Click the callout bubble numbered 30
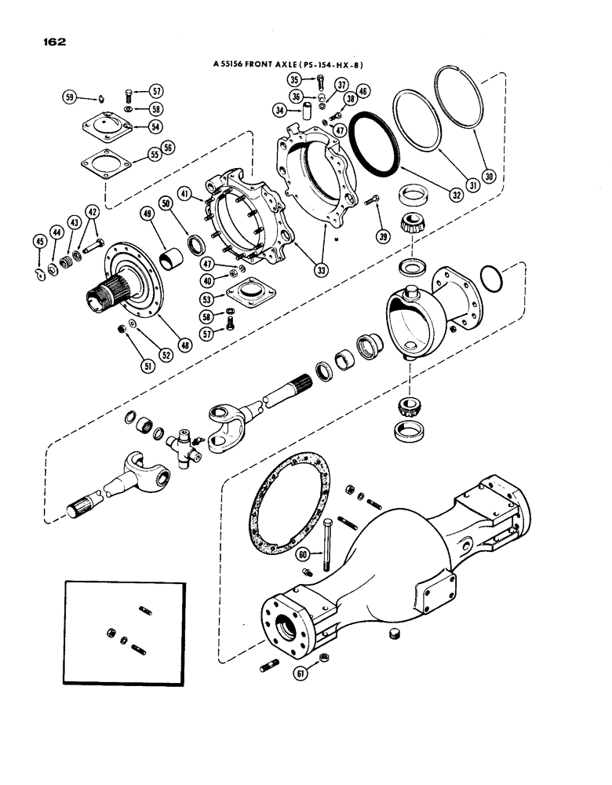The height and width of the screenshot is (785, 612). pos(488,177)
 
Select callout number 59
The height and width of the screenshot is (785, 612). pos(71,97)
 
